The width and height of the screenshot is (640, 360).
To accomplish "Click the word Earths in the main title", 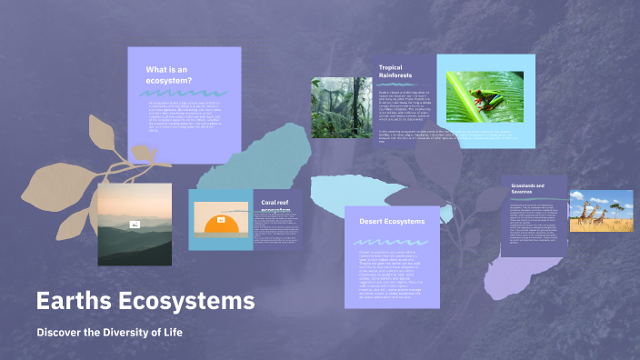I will [74, 301].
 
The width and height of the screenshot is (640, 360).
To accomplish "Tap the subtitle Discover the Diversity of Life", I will [110, 333].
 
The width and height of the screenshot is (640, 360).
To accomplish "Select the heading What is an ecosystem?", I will [169, 75].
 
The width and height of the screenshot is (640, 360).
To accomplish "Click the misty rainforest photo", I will [342, 107].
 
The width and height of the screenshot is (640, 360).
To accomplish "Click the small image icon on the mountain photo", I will [134, 224].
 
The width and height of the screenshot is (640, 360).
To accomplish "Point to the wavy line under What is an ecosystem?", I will [185, 93].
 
